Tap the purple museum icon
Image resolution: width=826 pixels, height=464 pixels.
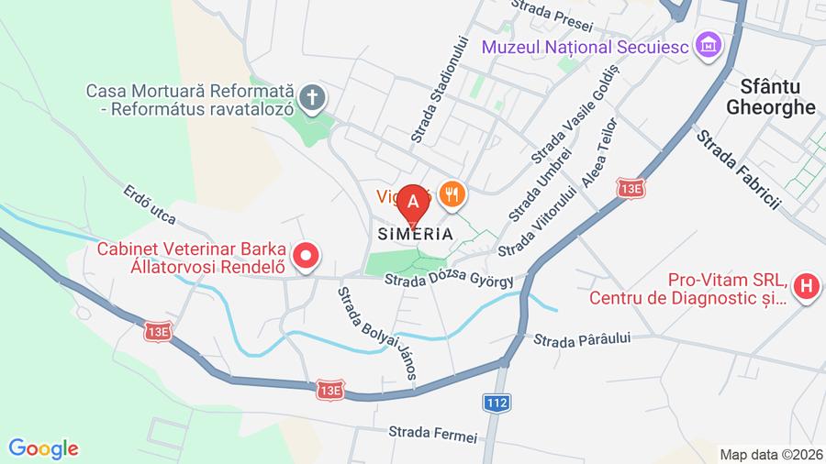point(708,43)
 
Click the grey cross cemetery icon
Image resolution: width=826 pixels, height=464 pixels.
point(313,98)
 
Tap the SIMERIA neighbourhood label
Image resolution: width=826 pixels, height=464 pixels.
point(415,234)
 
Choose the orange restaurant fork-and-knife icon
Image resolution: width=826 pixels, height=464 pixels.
point(451,193)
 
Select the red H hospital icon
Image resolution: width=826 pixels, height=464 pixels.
point(806,287)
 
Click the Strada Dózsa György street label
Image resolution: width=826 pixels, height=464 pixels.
point(449,280)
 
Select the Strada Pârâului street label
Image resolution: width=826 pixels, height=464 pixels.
point(583,339)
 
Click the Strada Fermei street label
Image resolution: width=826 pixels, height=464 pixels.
point(433,432)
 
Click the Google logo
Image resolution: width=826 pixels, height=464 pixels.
point(43,448)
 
